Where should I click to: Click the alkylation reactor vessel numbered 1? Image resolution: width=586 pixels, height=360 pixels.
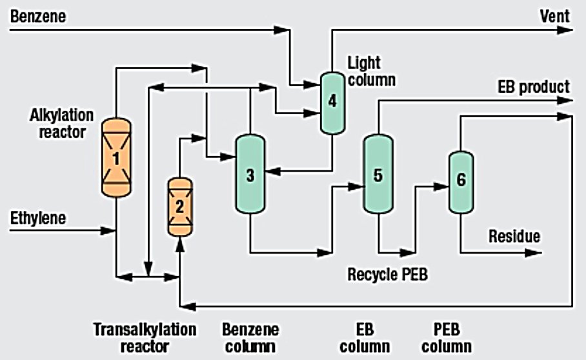point(116,157)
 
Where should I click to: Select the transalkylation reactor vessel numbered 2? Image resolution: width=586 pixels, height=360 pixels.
point(180,206)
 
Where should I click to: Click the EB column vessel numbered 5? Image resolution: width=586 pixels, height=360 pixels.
point(378,174)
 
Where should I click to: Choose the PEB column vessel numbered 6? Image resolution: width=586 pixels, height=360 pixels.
point(461,181)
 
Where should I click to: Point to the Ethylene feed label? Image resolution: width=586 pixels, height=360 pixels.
point(37,219)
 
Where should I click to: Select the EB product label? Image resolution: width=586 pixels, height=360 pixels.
point(533,86)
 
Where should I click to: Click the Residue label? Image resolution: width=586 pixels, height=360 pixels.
point(514,236)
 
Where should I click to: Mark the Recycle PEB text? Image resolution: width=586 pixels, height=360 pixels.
point(387,274)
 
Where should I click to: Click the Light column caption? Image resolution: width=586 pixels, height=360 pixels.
point(372,72)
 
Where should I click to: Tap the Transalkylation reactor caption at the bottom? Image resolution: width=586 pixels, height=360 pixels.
point(144,337)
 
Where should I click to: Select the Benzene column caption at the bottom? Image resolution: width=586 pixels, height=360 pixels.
point(250,337)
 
